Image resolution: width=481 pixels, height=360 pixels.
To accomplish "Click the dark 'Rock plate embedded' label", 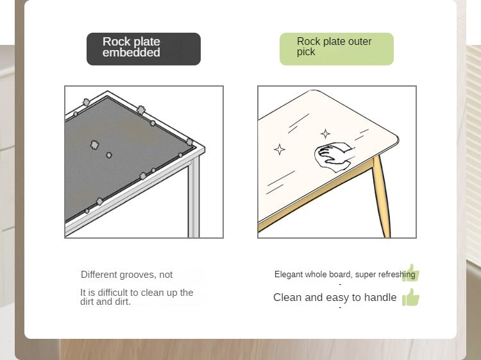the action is coord(144,49).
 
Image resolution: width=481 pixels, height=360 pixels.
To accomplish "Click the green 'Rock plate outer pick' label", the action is coord(337,49).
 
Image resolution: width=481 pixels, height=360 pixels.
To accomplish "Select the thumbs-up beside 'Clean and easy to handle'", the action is coord(410,297).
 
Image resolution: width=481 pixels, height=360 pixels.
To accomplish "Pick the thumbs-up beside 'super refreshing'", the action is coord(411,273).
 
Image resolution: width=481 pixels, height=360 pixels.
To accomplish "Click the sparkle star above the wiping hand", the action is coord(325,134).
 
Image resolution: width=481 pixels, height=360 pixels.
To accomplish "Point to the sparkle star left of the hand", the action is coord(280,150).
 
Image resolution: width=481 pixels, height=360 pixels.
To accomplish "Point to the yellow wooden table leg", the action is coord(382,196).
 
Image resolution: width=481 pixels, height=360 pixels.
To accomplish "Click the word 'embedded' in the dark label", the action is coord(131,53).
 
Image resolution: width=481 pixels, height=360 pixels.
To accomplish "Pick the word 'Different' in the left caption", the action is coord(99,275).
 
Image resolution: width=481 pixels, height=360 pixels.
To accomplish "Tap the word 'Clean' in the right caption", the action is coord(287,297).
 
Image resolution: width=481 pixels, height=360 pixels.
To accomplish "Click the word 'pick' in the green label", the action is coord(306,52).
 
